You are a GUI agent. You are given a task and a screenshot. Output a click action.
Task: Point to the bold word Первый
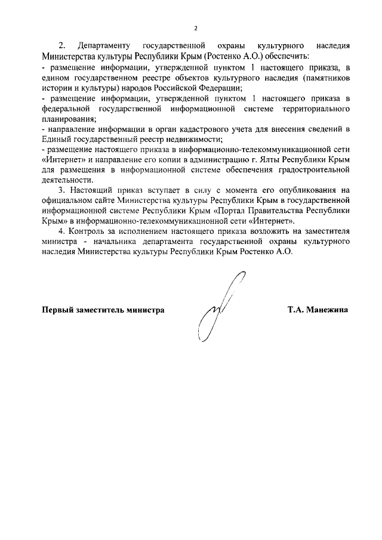57,310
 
